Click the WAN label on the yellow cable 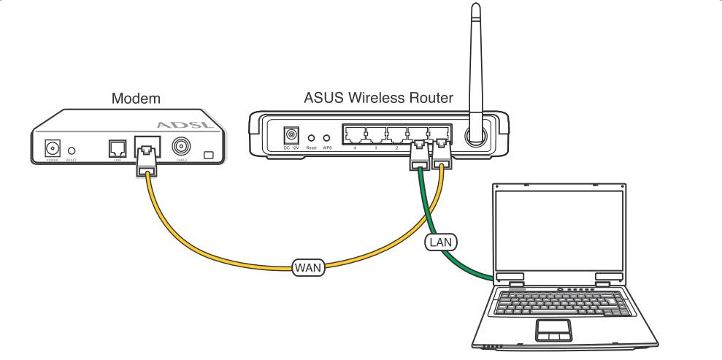pos(307,268)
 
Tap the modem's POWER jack pos(53,148)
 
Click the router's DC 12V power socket pos(293,136)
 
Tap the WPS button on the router pos(326,137)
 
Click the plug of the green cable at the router pos(419,156)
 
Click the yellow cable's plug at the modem pos(147,161)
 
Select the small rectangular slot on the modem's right pos(210,155)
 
